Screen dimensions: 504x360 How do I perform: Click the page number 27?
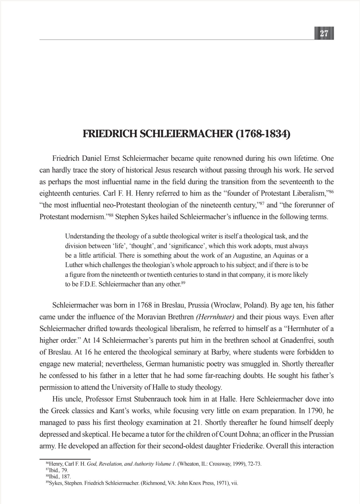[324, 34]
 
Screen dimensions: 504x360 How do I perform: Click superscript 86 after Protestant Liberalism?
[331, 192]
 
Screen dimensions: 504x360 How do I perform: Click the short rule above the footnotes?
[65, 459]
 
